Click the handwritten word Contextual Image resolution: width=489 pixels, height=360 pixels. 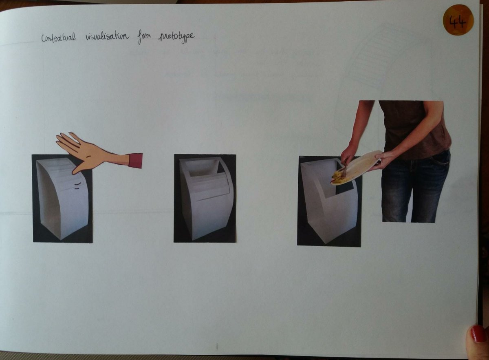tap(59, 38)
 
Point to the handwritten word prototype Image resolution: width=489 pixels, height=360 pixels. tap(176, 38)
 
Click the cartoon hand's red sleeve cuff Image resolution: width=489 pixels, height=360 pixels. tap(136, 161)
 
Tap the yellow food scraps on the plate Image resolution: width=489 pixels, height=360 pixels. tap(339, 179)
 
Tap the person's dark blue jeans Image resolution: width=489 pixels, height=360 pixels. tap(415, 188)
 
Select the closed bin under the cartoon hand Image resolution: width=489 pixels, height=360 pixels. tap(63, 198)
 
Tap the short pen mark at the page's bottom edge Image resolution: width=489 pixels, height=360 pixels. tap(217, 346)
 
